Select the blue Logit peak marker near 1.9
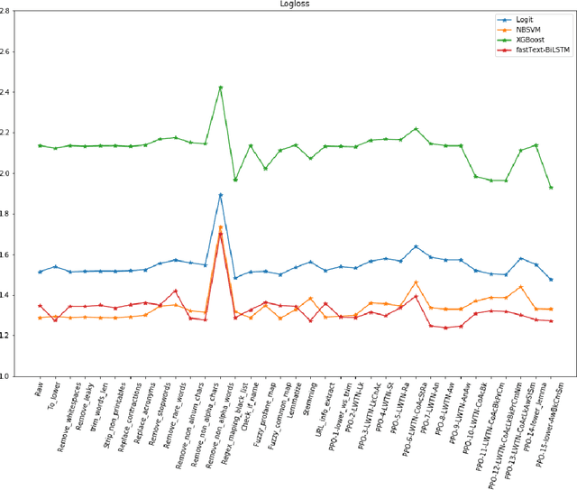221,195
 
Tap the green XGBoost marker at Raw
41,145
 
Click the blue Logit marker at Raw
41,272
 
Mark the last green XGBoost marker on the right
551,188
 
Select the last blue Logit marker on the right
551,280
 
